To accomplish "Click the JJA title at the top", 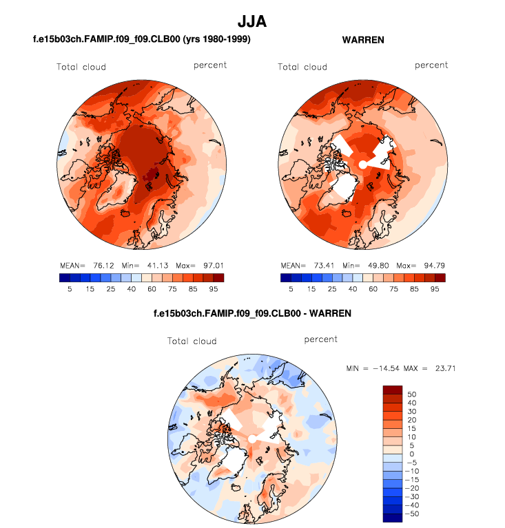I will click(252, 22).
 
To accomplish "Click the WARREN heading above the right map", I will click(363, 40).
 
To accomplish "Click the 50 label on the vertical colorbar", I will click(412, 394).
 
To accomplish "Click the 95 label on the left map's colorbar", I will click(214, 290).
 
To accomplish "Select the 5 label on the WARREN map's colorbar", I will click(291, 290).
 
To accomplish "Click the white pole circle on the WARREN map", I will click(363, 165).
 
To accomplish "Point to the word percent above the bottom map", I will click(321, 339).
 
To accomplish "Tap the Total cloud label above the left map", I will click(81, 67).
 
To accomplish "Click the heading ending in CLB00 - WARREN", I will click(252, 313).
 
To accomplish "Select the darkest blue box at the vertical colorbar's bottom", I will click(392, 518).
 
